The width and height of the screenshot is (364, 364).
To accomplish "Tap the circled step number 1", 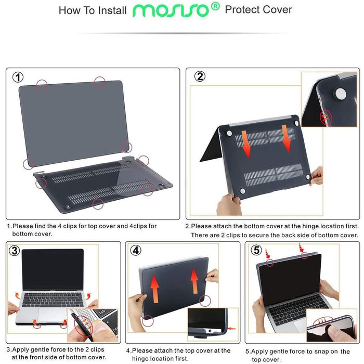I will [x=18, y=77].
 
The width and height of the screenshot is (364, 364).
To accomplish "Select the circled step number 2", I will [x=200, y=76].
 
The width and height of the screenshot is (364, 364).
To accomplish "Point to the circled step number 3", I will [x=14, y=251].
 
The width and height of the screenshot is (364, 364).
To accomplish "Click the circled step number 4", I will [x=136, y=250].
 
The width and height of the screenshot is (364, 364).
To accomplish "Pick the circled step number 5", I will [x=255, y=250].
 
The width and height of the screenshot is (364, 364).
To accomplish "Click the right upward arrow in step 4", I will [x=194, y=281].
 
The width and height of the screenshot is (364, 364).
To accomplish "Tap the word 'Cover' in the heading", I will [x=277, y=10].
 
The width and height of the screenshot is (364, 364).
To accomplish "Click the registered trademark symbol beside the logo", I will [x=215, y=7].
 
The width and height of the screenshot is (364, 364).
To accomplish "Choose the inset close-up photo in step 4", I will [x=213, y=324].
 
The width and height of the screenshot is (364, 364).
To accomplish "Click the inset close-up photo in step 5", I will [x=331, y=326].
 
